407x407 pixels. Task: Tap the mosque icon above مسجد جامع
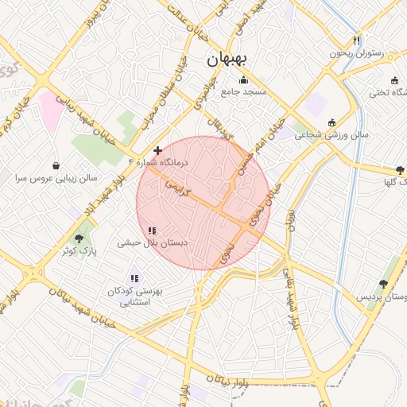[242, 79]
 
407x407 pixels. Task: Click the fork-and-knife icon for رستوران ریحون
[357, 41]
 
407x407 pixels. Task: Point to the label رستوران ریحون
[357, 53]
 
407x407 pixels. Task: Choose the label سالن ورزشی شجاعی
[332, 135]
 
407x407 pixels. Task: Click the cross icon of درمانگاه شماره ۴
[158, 149]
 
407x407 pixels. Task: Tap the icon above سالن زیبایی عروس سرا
[56, 166]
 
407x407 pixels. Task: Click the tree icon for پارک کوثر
[79, 238]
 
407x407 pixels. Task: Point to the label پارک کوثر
[78, 250]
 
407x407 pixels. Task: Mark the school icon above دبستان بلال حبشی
[152, 231]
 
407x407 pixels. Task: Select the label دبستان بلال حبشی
[153, 242]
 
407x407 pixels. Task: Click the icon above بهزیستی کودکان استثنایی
[134, 278]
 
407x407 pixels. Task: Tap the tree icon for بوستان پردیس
[383, 284]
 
